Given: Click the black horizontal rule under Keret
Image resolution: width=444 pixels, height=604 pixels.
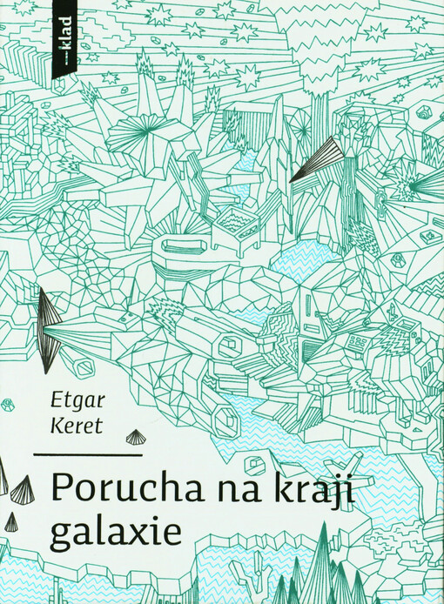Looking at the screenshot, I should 89,454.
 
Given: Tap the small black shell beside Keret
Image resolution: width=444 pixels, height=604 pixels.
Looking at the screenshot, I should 136,436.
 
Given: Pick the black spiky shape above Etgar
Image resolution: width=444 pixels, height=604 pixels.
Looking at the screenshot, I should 48,329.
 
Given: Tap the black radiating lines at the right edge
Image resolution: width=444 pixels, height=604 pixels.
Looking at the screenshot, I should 427,183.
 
